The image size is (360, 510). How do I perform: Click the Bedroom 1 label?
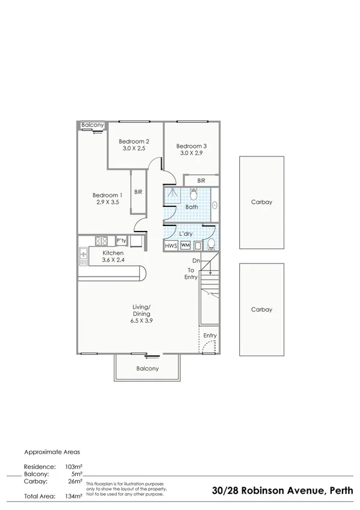tap(107, 195)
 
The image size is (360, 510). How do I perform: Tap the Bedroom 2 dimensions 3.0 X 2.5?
tap(135, 149)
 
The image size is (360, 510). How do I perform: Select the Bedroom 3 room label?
tap(191, 146)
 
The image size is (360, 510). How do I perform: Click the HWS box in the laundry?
tap(171, 246)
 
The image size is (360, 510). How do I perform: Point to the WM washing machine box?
tap(185, 245)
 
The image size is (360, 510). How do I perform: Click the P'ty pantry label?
tap(121, 241)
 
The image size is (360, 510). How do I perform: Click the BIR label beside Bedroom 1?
tap(138, 192)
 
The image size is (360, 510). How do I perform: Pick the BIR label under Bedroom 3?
tap(201, 180)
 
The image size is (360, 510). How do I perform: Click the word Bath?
tap(191, 207)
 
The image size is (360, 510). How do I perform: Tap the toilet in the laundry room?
tap(212, 244)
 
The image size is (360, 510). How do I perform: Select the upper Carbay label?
tap(261, 202)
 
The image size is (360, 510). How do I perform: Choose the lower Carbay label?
tap(261, 310)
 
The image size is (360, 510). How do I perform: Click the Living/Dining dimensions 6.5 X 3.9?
tap(142, 321)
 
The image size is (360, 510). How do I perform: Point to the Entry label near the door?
tap(210, 336)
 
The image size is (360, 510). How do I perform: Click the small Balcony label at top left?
tap(93, 125)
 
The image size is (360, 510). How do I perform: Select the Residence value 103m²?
tap(73, 467)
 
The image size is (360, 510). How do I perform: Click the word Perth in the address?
tap(341, 491)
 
